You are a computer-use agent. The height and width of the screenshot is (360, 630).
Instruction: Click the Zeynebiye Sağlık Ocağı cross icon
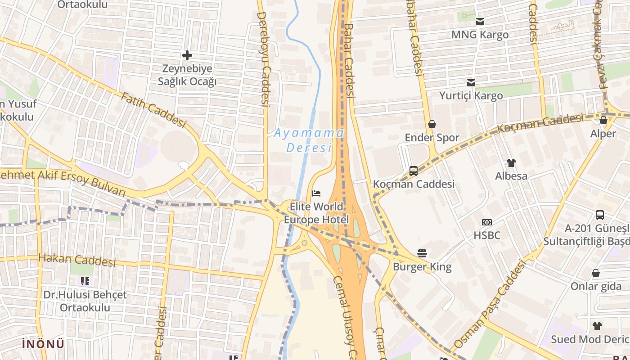pos(187,55)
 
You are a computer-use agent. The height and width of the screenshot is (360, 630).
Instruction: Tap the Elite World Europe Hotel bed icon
pos(317,193)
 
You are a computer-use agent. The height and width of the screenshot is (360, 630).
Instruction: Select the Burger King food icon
pos(422,253)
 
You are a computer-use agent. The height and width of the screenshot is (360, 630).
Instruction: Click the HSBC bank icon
pos(487,222)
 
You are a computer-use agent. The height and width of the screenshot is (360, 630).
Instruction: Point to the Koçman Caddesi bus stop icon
pos(413,171)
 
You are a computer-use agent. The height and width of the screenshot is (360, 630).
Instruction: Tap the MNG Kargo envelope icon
pos(480,21)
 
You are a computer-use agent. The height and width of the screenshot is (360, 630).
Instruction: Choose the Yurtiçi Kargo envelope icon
pos(471,83)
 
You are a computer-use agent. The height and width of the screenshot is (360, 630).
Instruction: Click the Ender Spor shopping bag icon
pos(432,124)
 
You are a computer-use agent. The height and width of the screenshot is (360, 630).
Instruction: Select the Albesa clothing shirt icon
pos(511,162)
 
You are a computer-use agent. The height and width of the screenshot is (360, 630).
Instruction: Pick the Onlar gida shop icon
pos(596,273)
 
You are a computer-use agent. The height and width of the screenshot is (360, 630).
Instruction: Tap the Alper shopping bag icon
pos(603,120)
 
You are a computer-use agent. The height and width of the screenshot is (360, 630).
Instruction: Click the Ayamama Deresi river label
pos(309,140)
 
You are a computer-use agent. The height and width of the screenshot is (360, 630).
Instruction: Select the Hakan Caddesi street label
pos(77,260)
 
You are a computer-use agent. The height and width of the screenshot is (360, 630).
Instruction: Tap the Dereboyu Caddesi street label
pos(263,58)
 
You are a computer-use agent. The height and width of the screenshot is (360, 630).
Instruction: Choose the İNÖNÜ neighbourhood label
pos(43,344)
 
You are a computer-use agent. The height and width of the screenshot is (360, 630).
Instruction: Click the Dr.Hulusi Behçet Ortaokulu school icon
pos(85,282)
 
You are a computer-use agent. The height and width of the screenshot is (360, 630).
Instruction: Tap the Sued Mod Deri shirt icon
pos(597,326)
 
